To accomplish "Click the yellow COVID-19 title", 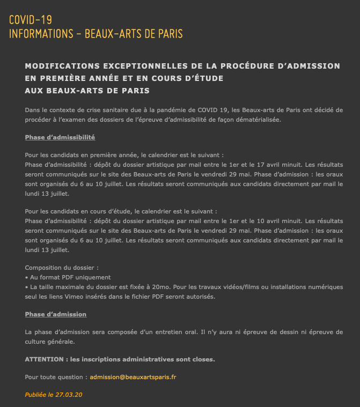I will [x=31, y=20].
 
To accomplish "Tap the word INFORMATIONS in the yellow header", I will [x=40, y=34].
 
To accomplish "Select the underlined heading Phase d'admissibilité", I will [x=60, y=137].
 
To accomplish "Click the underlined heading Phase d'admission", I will [x=55, y=314].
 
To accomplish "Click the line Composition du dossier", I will [x=62, y=268].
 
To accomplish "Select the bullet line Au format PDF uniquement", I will [x=69, y=277].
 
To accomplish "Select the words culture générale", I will [x=49, y=341].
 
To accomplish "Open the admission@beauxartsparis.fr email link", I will [x=133, y=377].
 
